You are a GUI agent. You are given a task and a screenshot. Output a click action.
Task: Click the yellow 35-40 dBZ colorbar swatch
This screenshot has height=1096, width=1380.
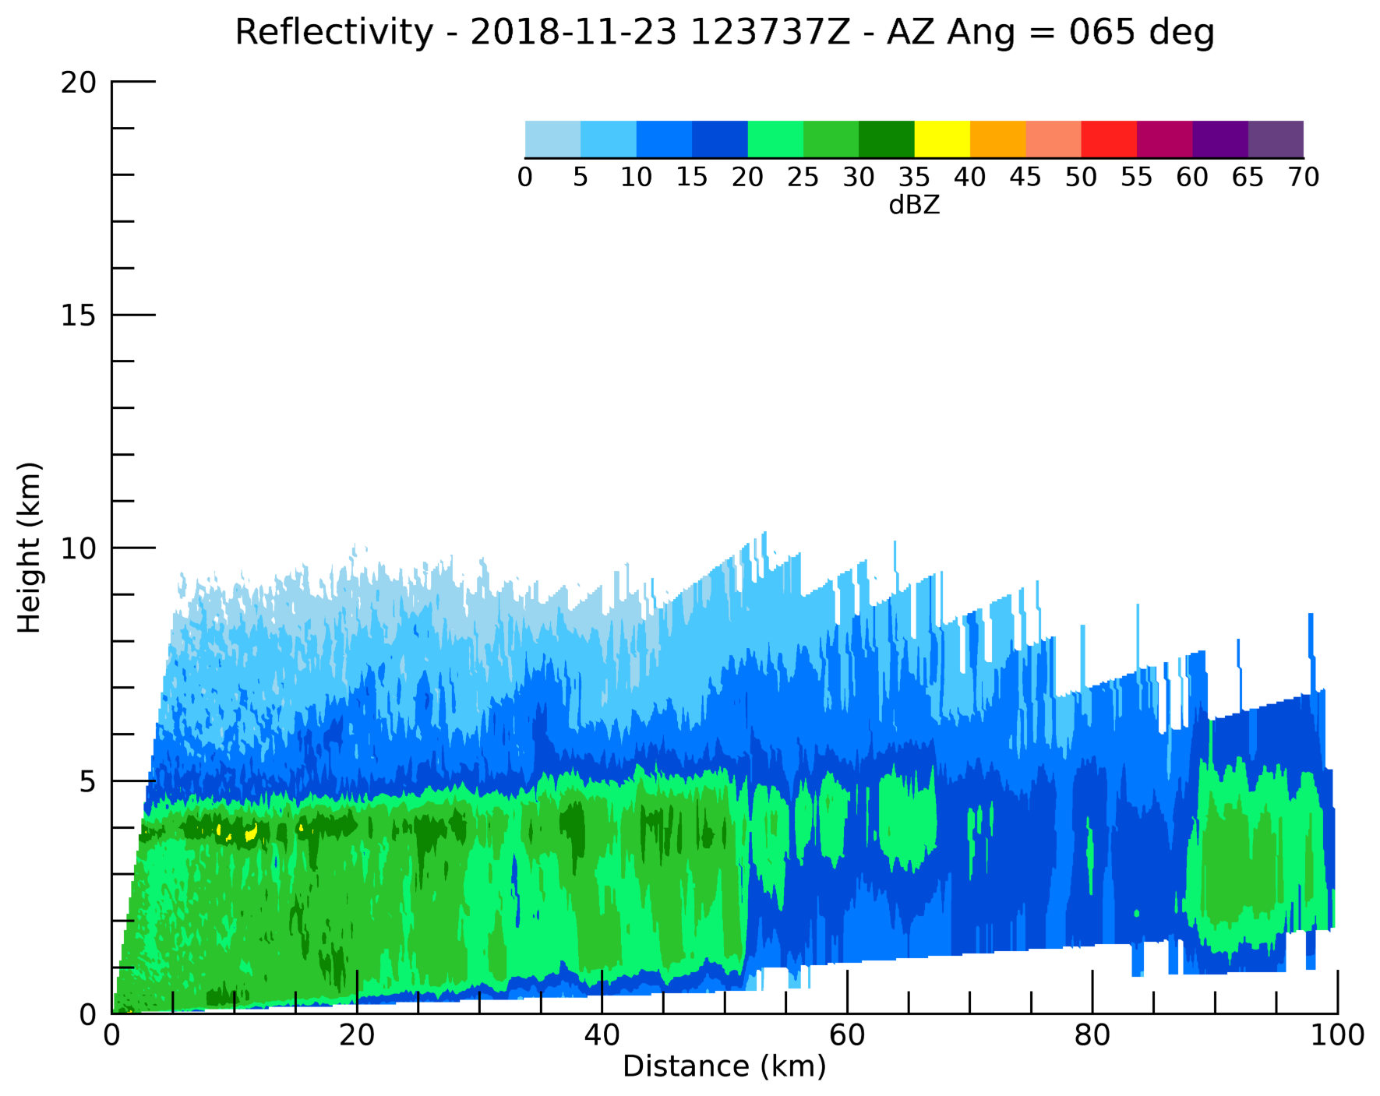(941, 139)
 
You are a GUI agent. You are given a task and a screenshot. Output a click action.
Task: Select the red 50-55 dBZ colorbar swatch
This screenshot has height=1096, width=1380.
(1108, 139)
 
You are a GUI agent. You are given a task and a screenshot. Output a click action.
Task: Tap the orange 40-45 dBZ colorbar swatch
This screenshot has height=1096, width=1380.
(997, 139)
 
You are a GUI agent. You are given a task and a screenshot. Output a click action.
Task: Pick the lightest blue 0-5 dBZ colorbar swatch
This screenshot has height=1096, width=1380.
(552, 139)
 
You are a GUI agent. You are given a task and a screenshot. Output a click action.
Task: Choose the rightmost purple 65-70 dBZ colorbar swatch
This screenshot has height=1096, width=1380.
(1276, 139)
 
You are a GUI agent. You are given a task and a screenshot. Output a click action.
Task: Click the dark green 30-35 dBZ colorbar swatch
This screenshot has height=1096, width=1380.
(886, 139)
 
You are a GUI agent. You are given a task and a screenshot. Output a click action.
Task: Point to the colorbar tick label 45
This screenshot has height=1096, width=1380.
(1025, 178)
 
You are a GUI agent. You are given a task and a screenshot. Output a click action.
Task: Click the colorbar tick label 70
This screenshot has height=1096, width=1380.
(1304, 178)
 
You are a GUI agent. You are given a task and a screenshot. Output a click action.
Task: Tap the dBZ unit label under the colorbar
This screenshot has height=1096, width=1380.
(914, 205)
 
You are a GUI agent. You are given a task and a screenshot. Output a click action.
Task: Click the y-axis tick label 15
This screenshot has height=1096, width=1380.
(78, 315)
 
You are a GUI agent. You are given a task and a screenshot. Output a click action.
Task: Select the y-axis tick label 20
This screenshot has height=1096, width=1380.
(78, 82)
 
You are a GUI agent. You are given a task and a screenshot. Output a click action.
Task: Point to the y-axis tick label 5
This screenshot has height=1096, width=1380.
(87, 781)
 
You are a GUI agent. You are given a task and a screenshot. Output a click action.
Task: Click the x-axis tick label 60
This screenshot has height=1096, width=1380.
(847, 1035)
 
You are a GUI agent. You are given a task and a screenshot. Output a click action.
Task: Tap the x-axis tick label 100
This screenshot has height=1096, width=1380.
(1337, 1035)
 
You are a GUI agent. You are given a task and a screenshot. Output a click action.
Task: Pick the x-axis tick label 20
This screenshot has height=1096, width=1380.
(357, 1035)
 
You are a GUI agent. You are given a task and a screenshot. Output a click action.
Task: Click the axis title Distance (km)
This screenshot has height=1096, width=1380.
(724, 1066)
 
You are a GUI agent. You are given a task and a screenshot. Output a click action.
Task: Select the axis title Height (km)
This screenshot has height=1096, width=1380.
(29, 548)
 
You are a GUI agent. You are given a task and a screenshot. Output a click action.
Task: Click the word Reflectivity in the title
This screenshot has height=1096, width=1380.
(334, 33)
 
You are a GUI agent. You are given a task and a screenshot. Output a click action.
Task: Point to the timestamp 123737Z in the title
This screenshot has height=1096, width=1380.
(770, 33)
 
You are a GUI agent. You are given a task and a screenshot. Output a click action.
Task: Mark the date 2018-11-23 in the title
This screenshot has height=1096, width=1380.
(574, 33)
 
